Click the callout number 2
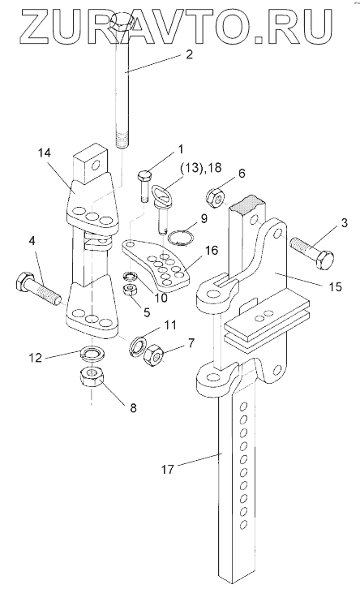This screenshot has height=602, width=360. point(189,54)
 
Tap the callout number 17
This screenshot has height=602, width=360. point(168,469)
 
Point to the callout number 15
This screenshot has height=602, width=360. point(335,286)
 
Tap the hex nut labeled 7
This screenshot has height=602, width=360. point(155,355)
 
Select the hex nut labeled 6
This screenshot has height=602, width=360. point(216,198)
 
